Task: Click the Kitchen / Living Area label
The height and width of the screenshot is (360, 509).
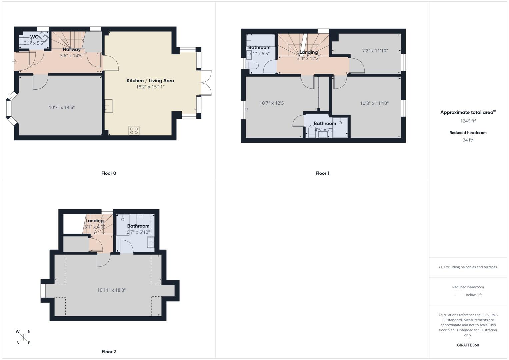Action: point(150,81)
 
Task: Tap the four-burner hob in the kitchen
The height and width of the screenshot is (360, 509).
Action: point(134,131)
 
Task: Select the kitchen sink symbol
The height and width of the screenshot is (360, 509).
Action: point(109,106)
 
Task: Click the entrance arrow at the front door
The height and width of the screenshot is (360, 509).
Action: point(14,61)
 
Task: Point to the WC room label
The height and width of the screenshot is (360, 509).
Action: point(34,37)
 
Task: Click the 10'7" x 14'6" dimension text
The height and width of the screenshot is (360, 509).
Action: point(62,107)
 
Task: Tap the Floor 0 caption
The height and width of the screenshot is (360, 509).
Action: point(109,173)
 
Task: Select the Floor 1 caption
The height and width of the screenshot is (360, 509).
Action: point(322,173)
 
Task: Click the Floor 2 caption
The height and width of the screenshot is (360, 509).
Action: point(109,352)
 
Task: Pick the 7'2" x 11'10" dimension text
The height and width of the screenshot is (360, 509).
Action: point(375,51)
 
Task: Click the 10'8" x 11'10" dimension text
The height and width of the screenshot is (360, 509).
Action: point(374,103)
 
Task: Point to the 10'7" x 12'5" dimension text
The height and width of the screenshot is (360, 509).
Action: point(272,103)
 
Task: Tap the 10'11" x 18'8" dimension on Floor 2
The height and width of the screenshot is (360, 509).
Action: point(111,290)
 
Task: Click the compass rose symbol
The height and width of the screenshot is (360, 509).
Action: point(23,337)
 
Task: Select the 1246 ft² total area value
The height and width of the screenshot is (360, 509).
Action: point(468,121)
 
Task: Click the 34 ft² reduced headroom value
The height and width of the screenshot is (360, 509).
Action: point(468,140)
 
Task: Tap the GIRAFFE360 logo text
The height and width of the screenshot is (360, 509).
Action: point(468,345)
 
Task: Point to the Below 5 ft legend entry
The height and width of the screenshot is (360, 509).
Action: point(473,295)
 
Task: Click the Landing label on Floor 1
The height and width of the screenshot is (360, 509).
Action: point(308,52)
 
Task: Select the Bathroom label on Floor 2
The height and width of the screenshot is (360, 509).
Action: point(138,226)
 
